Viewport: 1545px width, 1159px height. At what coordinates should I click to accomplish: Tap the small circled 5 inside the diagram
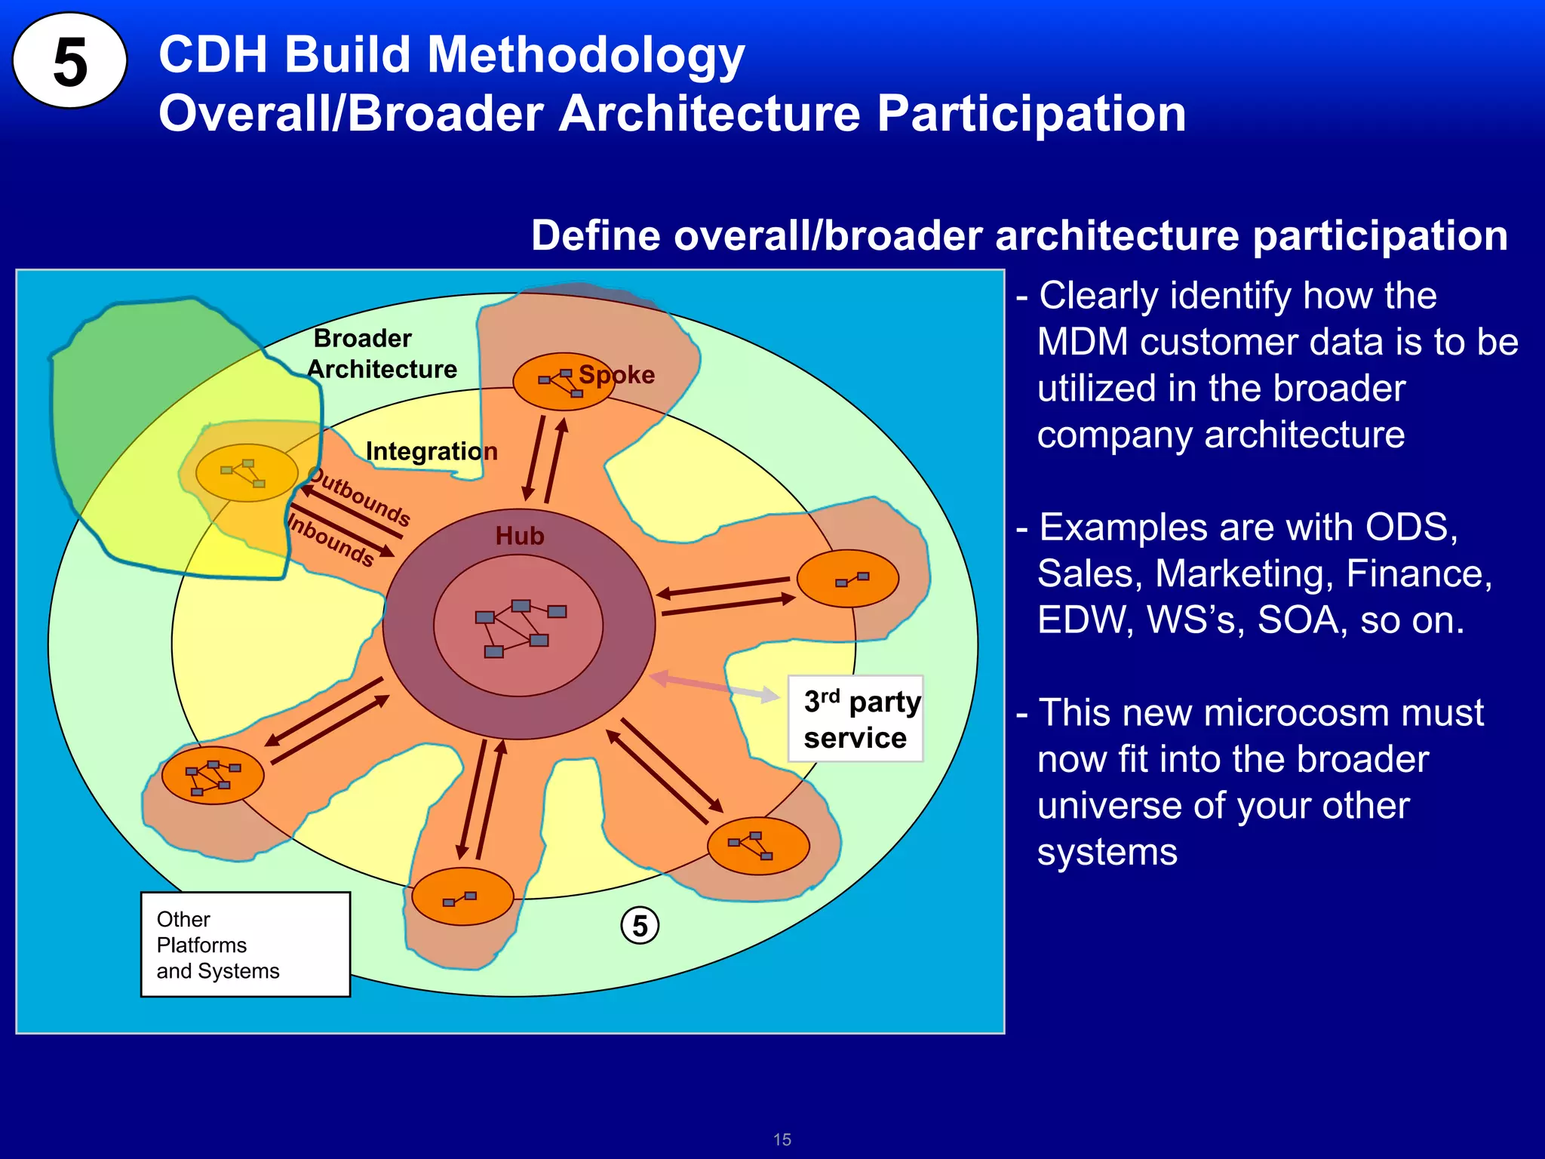[640, 925]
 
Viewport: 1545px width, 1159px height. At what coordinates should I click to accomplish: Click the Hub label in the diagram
[519, 536]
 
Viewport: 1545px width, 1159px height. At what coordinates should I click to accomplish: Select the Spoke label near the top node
[616, 374]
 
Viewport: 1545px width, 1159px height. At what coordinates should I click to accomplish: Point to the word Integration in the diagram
[432, 451]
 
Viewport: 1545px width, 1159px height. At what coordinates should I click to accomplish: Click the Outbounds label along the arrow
[361, 497]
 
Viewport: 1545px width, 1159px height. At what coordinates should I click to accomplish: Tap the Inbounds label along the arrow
[331, 540]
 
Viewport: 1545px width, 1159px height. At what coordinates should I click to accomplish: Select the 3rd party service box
[855, 719]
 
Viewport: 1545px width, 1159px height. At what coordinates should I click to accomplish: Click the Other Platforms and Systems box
[245, 945]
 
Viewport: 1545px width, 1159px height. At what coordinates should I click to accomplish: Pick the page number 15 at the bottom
[782, 1139]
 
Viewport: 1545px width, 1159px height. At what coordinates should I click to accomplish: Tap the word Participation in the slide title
[1031, 114]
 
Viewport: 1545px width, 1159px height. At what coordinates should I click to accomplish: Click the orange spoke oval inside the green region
[247, 473]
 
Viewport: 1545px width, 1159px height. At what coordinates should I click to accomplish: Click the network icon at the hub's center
[519, 626]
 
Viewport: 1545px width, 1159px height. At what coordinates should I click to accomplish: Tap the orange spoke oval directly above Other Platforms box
[213, 775]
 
